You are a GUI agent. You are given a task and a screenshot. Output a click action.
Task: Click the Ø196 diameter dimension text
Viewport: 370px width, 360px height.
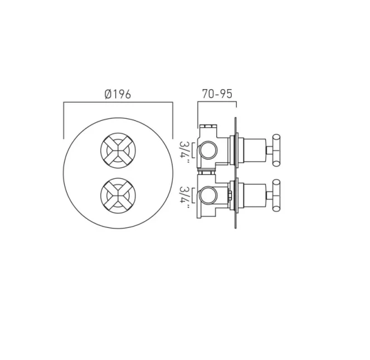point(118,94)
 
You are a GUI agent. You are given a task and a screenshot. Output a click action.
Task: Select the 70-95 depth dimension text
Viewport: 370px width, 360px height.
point(217,94)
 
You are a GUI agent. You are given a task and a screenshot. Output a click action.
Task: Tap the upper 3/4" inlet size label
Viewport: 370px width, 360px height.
point(184,149)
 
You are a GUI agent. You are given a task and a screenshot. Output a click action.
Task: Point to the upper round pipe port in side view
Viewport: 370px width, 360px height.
point(208,149)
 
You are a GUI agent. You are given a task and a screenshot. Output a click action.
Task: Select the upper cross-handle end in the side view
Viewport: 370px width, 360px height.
point(277,149)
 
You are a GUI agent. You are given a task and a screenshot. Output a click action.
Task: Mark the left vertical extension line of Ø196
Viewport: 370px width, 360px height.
point(64,120)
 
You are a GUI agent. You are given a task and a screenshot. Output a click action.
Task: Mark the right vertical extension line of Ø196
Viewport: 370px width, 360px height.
point(173,120)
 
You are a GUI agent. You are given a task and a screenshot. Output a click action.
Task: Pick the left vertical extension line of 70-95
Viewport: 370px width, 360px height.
point(198,114)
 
